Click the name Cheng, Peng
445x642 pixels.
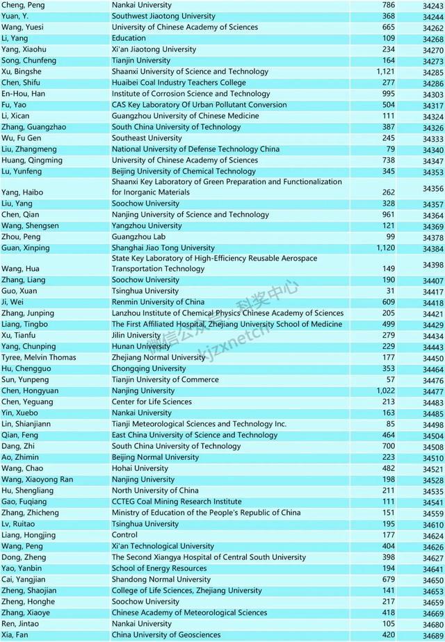point(22,5)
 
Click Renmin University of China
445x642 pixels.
point(158,302)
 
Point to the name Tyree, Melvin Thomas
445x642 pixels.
point(38,358)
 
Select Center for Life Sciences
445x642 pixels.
point(152,402)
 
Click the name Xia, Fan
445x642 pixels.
point(15,635)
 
